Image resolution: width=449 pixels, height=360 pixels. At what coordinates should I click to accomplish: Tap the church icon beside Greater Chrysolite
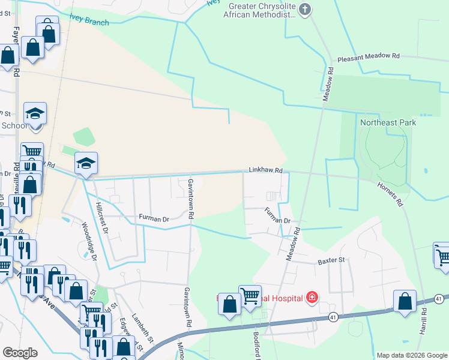(x=305, y=9)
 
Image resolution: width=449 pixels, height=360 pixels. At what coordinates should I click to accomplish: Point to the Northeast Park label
(x=388, y=122)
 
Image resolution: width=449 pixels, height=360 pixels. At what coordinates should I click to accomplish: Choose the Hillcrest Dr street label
(x=101, y=217)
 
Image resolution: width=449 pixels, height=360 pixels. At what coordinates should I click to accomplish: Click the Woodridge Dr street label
(x=90, y=242)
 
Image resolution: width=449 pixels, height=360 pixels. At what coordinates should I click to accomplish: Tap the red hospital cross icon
(x=312, y=297)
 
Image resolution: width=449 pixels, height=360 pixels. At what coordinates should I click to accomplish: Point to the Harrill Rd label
(x=424, y=321)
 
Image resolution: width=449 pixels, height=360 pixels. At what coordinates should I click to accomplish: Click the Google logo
(x=20, y=353)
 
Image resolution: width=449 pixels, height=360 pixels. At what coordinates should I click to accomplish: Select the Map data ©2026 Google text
(x=411, y=355)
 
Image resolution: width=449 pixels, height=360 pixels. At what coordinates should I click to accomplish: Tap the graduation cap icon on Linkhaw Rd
(x=86, y=163)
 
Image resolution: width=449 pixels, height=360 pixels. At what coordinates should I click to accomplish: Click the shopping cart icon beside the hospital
(x=250, y=295)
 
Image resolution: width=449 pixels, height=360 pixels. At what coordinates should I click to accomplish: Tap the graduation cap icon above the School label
(x=35, y=113)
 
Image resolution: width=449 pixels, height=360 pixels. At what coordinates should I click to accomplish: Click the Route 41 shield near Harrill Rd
(x=439, y=299)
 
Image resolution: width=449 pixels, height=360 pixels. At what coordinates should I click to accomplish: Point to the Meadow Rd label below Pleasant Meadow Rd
(x=329, y=83)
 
